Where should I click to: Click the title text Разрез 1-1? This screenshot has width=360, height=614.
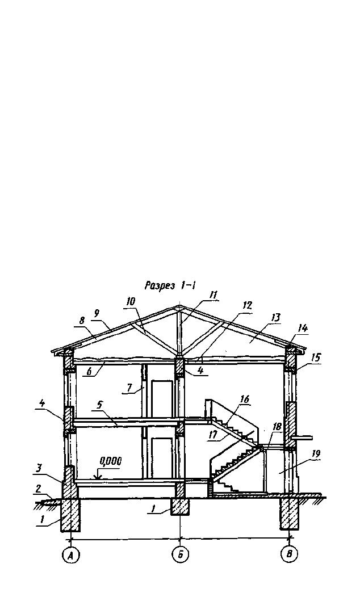tap(170, 285)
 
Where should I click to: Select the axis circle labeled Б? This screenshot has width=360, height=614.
tap(180, 554)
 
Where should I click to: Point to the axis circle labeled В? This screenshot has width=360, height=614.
tap(290, 554)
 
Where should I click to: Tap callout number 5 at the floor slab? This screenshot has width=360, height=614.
tap(100, 405)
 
